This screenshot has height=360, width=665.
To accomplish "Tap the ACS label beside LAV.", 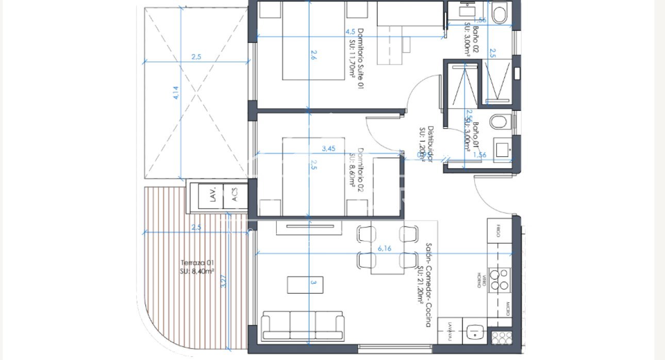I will pos(235,197).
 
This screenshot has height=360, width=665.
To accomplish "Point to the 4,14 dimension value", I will pos(175,92).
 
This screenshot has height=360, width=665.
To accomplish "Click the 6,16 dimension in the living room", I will pos(384,249).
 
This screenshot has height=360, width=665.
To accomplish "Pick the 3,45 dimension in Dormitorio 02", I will pos(328,149).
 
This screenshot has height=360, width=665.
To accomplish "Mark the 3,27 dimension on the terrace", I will pos(223,281).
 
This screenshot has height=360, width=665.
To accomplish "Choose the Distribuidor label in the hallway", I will pos(425,144).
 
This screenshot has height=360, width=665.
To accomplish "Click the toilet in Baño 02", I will pos(500,14).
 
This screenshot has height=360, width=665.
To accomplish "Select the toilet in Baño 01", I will pos(499,122).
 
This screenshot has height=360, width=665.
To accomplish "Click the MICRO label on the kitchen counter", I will pos(507,308).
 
